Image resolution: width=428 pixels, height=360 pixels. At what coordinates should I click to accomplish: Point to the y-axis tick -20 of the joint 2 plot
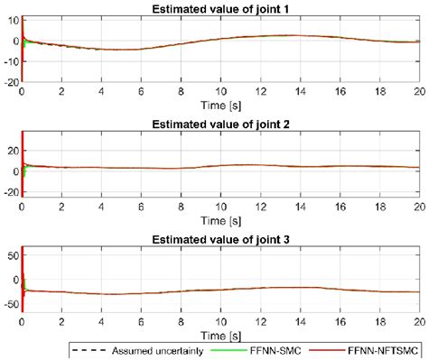[8, 191]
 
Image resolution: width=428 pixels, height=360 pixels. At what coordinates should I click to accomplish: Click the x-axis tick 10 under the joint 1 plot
[220, 90]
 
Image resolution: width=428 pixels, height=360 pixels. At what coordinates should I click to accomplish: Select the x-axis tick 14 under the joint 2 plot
[300, 205]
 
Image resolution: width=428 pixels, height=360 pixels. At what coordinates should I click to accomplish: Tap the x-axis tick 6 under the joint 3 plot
[141, 319]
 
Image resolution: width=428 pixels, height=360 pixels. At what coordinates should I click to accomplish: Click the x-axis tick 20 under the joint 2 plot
[417, 205]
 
